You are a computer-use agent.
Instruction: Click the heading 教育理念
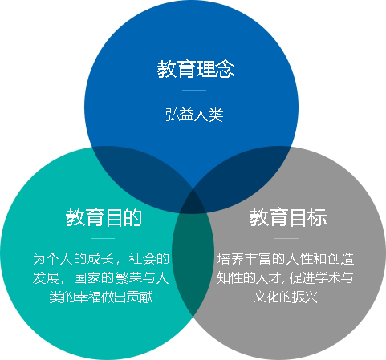pyautogui.click(x=196, y=69)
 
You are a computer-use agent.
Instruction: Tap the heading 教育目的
pyautogui.click(x=104, y=217)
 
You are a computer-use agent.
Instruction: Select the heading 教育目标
pyautogui.click(x=288, y=217)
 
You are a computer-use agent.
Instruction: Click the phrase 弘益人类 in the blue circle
pyautogui.click(x=194, y=115)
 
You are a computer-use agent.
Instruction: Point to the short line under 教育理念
pyautogui.click(x=194, y=90)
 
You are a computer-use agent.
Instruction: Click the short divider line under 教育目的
pyautogui.click(x=103, y=238)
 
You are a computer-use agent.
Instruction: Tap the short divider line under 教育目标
pyautogui.click(x=286, y=238)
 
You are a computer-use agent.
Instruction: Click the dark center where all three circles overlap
pyautogui.click(x=193, y=203)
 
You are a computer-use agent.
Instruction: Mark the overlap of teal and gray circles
pyautogui.click(x=193, y=257)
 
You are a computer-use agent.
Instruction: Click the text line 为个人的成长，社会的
pyautogui.click(x=101, y=259)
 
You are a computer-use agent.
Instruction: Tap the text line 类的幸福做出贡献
pyautogui.click(x=101, y=297)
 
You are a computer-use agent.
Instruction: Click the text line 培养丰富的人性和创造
pyautogui.click(x=286, y=259)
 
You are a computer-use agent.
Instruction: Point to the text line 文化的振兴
pyautogui.click(x=286, y=297)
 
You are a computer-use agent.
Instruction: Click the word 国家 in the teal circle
pyautogui.click(x=87, y=278)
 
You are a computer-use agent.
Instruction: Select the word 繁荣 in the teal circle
pyautogui.click(x=128, y=278)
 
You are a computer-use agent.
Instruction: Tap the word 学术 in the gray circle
pyautogui.click(x=327, y=278)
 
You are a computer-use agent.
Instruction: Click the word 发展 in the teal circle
pyautogui.click(x=46, y=278)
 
